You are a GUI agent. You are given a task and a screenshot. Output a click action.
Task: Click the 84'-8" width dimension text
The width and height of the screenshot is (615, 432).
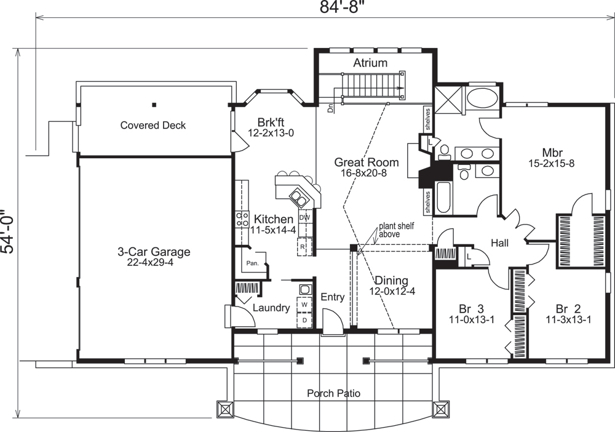pos(339,7)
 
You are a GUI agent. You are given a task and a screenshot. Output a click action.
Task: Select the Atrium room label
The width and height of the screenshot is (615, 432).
pos(370,63)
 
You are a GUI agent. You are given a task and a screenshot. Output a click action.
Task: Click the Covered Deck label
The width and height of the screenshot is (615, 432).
pos(153,125)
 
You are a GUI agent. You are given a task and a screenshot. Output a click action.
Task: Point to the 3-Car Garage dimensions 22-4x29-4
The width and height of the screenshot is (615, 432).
pos(150,263)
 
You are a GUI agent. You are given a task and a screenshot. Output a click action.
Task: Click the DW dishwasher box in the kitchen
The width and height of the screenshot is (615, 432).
pos(305,217)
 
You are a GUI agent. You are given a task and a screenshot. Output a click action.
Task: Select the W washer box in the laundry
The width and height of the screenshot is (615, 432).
pos(304,305)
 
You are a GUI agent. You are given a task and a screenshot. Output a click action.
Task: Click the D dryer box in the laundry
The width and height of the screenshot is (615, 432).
pos(304,320)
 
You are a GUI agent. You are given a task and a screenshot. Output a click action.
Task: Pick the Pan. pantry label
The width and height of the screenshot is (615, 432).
pos(253,263)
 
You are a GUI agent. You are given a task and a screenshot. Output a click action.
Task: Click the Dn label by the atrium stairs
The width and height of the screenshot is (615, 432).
pos(330,108)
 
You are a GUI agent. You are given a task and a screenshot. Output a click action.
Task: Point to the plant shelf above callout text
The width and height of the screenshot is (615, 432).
pos(396,230)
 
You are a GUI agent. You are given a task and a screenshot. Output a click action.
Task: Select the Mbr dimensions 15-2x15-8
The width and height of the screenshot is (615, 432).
pos(552,163)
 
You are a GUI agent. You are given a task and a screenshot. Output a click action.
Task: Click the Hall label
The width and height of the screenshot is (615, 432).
pos(499,243)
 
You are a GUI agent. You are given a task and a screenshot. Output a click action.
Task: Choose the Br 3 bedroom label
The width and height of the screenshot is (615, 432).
pos(472,308)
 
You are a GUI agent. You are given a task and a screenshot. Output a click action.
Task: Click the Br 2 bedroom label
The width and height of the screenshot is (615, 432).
pos(568,308)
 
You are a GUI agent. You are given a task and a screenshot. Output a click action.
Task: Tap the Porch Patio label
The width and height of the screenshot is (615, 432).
pos(334,393)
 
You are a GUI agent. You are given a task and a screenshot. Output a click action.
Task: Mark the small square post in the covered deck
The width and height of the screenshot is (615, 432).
pos(154,105)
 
